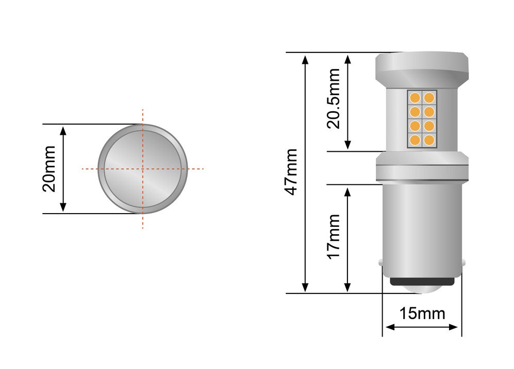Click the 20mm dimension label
click(x=49, y=169)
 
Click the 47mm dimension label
click(x=291, y=172)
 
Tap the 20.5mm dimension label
click(x=334, y=98)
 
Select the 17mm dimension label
click(x=334, y=237)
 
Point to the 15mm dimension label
click(x=422, y=313)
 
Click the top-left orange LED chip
click(x=415, y=97)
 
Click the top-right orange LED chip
click(x=429, y=97)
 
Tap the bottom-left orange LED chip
click(x=415, y=140)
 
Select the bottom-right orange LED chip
click(x=429, y=140)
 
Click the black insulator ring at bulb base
click(x=422, y=282)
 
